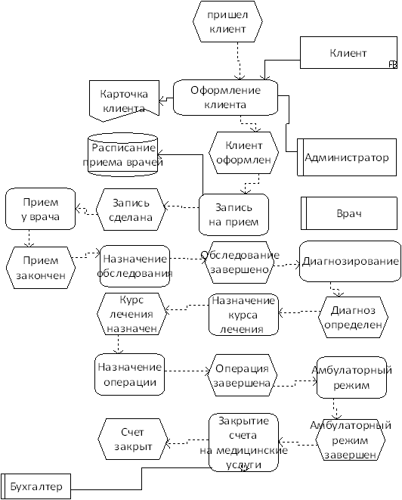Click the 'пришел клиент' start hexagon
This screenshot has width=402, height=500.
tap(227, 21)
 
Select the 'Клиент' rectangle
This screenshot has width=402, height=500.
tap(348, 53)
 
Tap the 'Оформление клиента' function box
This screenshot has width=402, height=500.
tap(225, 98)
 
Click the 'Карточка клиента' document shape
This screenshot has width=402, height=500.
tap(124, 101)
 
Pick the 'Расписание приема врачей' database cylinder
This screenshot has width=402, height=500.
tap(123, 154)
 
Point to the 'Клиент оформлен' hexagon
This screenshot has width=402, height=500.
tap(243, 153)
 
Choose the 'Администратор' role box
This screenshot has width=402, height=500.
tap(347, 157)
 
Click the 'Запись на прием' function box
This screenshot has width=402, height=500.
tap(233, 215)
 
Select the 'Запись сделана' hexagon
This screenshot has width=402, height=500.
tap(131, 210)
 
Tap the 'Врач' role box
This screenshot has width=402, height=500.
tap(349, 213)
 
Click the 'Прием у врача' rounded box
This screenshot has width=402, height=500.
tap(41, 209)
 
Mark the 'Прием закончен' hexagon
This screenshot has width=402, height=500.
tap(41, 268)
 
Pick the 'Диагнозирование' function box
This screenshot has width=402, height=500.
tap(350, 262)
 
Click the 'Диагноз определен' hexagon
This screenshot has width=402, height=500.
tap(354, 317)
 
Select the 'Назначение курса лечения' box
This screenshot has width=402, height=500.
tap(243, 315)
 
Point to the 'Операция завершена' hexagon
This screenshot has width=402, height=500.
tap(242, 375)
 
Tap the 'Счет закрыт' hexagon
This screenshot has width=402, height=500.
tap(133, 439)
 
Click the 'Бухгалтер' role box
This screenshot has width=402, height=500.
tap(36, 486)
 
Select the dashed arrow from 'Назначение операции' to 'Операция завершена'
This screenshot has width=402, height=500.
tap(187, 371)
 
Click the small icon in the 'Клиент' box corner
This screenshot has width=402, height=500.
tap(394, 65)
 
